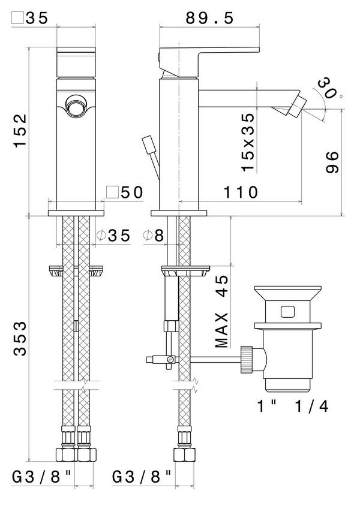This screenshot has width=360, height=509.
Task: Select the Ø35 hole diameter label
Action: click(x=113, y=236)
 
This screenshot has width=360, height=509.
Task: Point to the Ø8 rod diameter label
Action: click(x=154, y=236)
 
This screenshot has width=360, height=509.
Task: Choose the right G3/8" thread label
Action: click(x=143, y=477)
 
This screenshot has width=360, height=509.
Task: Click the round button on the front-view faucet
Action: click(x=76, y=107)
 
